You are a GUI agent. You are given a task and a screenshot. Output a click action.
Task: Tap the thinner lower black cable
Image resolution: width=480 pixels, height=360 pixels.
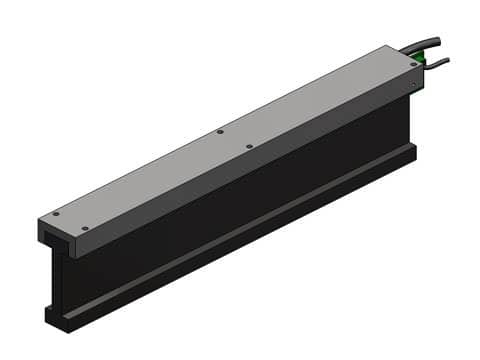pyautogui.click(x=435, y=63)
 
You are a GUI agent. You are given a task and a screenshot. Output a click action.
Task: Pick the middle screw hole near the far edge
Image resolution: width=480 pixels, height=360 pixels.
pyautogui.click(x=220, y=131)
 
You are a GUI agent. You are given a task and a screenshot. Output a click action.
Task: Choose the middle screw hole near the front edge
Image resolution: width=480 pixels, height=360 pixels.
pyautogui.click(x=249, y=146)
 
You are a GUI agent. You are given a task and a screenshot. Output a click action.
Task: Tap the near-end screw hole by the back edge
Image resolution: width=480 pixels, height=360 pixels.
pyautogui.click(x=56, y=213)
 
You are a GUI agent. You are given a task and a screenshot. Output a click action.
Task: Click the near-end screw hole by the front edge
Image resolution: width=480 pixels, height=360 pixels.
pyautogui.click(x=85, y=229)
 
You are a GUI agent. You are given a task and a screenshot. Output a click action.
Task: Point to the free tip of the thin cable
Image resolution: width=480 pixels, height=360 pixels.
pyautogui.click(x=446, y=59)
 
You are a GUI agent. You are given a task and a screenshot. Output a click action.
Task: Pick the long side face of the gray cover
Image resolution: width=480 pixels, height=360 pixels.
pyautogui.click(x=250, y=170)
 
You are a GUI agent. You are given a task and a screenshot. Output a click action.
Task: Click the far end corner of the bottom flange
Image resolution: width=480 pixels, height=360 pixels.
pyautogui.click(x=414, y=150)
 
